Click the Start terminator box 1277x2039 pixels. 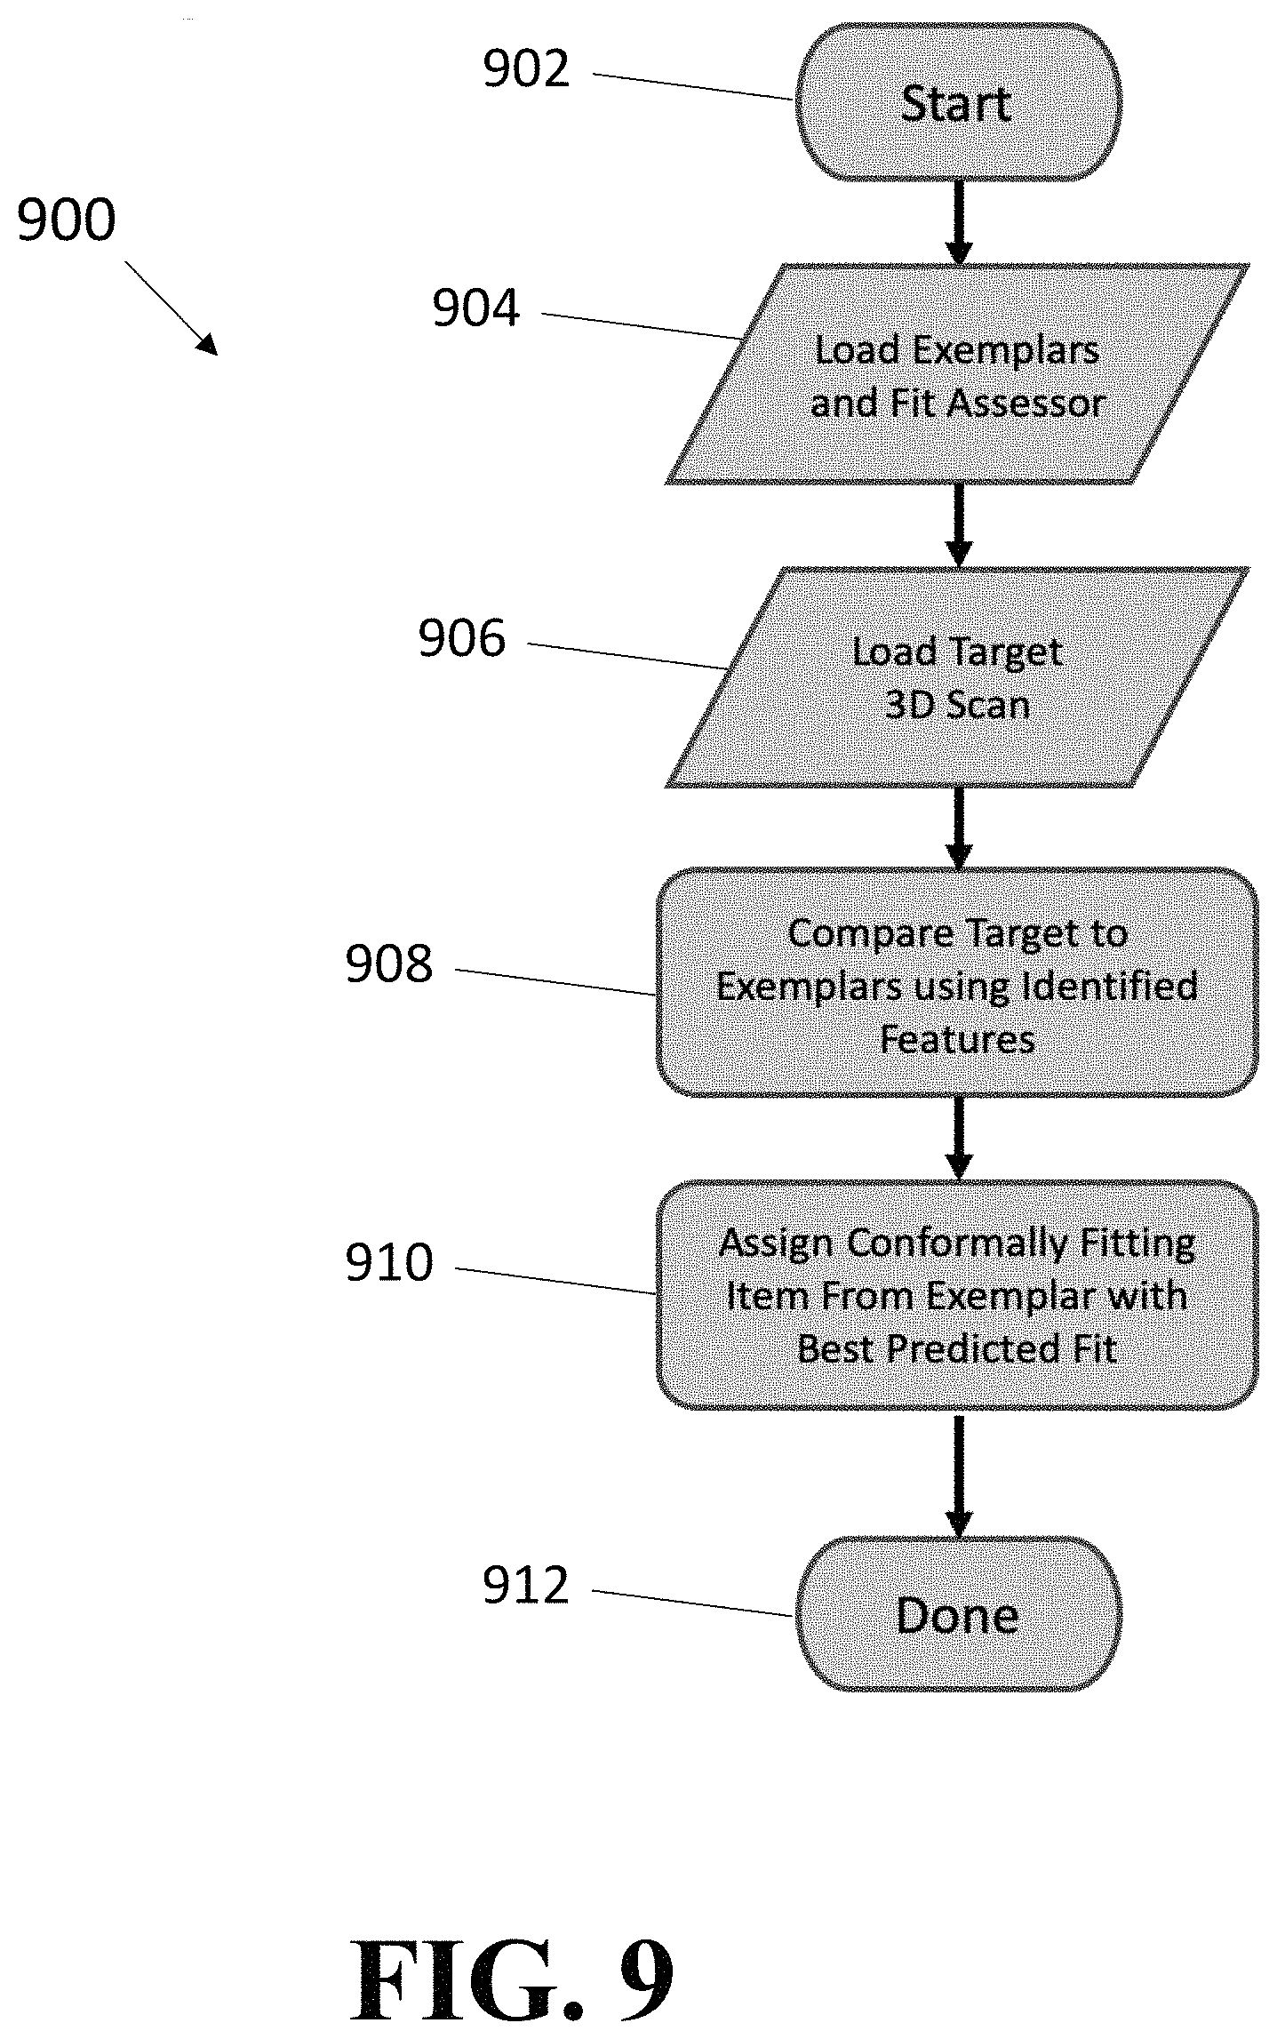coord(958,102)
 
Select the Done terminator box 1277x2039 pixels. coord(958,1614)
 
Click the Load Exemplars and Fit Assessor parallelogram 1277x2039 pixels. coord(958,374)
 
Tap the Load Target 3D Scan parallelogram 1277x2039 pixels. coord(958,677)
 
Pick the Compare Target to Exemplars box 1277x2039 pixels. coord(958,982)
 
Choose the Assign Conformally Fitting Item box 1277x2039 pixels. coord(958,1295)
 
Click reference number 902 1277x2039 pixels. coord(526,69)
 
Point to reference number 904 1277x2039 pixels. coord(476,308)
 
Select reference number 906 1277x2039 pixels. coord(462,638)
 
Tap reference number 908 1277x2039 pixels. coord(389,964)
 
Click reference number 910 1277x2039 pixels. coord(389,1262)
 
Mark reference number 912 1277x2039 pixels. coord(526,1586)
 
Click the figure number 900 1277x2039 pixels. coord(67,220)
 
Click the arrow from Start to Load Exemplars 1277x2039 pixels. coord(958,223)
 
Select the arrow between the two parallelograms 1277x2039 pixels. coord(958,525)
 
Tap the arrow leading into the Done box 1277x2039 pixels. coord(958,1474)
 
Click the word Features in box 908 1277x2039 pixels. coord(958,1040)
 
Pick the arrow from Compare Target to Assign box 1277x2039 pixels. coord(958,1139)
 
